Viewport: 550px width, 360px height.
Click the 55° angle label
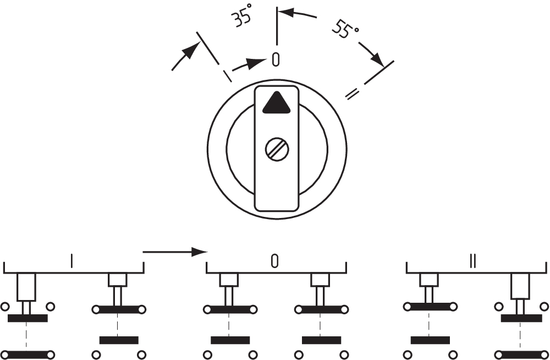(344, 29)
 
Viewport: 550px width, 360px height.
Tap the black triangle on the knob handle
(276, 103)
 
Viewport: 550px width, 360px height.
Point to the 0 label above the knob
(276, 59)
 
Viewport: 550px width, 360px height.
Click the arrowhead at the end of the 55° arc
(377, 58)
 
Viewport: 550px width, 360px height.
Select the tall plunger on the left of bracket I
(26, 286)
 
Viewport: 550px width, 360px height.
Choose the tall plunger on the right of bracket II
(520, 286)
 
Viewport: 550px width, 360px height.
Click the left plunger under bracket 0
(229, 280)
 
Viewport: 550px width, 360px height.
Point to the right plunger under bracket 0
(320, 280)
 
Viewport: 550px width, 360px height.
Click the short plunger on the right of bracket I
(117, 280)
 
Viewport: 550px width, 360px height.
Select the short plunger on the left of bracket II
(429, 280)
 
